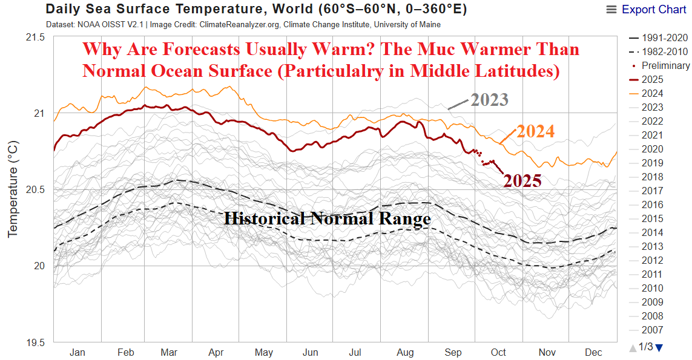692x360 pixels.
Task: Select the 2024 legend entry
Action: (x=651, y=93)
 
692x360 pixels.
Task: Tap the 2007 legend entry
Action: (x=651, y=330)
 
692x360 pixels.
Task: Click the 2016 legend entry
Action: (x=651, y=205)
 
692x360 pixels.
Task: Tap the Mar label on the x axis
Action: (x=170, y=352)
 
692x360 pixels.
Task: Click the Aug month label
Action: (x=406, y=352)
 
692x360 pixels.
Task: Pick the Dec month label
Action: (x=593, y=352)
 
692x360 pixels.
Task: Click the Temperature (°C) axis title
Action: (x=13, y=190)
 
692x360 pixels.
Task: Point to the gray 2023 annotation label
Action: (x=489, y=100)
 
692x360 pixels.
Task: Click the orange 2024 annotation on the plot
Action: (x=535, y=131)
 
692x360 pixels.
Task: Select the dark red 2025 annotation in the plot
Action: (x=522, y=180)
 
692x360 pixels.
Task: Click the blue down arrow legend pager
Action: (x=659, y=347)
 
